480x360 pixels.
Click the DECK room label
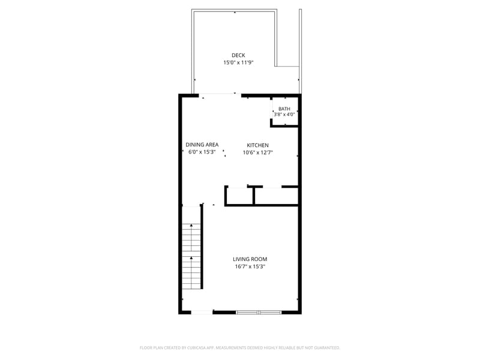point(238,55)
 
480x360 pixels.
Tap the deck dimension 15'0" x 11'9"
point(238,62)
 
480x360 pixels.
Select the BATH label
point(284,109)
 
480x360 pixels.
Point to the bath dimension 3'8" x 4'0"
point(284,114)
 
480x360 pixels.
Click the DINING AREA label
point(202,145)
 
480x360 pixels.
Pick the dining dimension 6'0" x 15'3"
point(202,152)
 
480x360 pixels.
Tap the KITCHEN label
point(258,145)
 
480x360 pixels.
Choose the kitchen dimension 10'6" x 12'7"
point(258,152)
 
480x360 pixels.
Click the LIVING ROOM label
point(250,259)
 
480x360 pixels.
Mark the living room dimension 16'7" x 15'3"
point(250,266)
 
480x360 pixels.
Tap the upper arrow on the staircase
point(191,226)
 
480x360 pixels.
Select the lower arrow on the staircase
point(191,258)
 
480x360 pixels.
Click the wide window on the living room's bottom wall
point(258,312)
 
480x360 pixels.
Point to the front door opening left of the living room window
point(202,312)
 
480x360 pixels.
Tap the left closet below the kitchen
point(239,196)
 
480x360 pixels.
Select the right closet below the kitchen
point(276,196)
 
